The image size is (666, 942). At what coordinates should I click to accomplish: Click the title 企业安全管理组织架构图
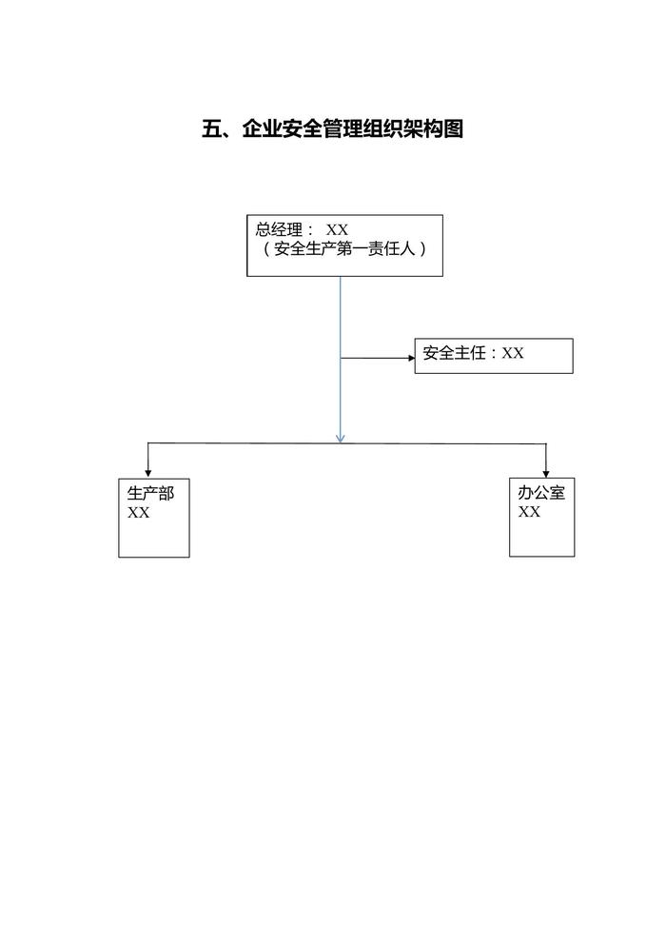pyautogui.click(x=352, y=129)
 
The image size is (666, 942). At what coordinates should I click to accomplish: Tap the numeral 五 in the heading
pyautogui.click(x=211, y=129)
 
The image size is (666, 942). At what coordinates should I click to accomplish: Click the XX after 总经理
pyautogui.click(x=337, y=229)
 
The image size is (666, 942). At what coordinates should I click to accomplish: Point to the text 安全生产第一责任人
pyautogui.click(x=344, y=249)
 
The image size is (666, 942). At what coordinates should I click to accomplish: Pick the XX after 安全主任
pyautogui.click(x=513, y=353)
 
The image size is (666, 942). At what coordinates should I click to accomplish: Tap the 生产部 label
pyautogui.click(x=150, y=494)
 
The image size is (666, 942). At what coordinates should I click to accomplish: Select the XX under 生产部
pyautogui.click(x=139, y=513)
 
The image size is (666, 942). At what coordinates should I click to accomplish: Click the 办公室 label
pyautogui.click(x=541, y=494)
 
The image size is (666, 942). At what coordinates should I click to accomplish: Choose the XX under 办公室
pyautogui.click(x=530, y=512)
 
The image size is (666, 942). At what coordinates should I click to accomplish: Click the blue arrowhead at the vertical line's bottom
pyautogui.click(x=341, y=437)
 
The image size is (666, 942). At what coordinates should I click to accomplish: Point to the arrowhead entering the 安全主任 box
pyautogui.click(x=410, y=358)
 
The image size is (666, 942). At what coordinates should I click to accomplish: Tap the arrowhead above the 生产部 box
pyautogui.click(x=147, y=472)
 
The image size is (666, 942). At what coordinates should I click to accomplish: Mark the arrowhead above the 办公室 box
pyautogui.click(x=546, y=472)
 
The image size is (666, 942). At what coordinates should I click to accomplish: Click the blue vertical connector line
pyautogui.click(x=341, y=314)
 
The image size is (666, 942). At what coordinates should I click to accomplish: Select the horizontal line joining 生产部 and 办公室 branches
pyautogui.click(x=247, y=443)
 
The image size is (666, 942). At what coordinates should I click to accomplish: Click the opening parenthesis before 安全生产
pyautogui.click(x=267, y=249)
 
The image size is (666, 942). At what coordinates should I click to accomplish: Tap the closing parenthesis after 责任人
pyautogui.click(x=421, y=249)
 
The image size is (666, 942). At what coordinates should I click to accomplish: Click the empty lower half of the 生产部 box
pyautogui.click(x=153, y=540)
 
